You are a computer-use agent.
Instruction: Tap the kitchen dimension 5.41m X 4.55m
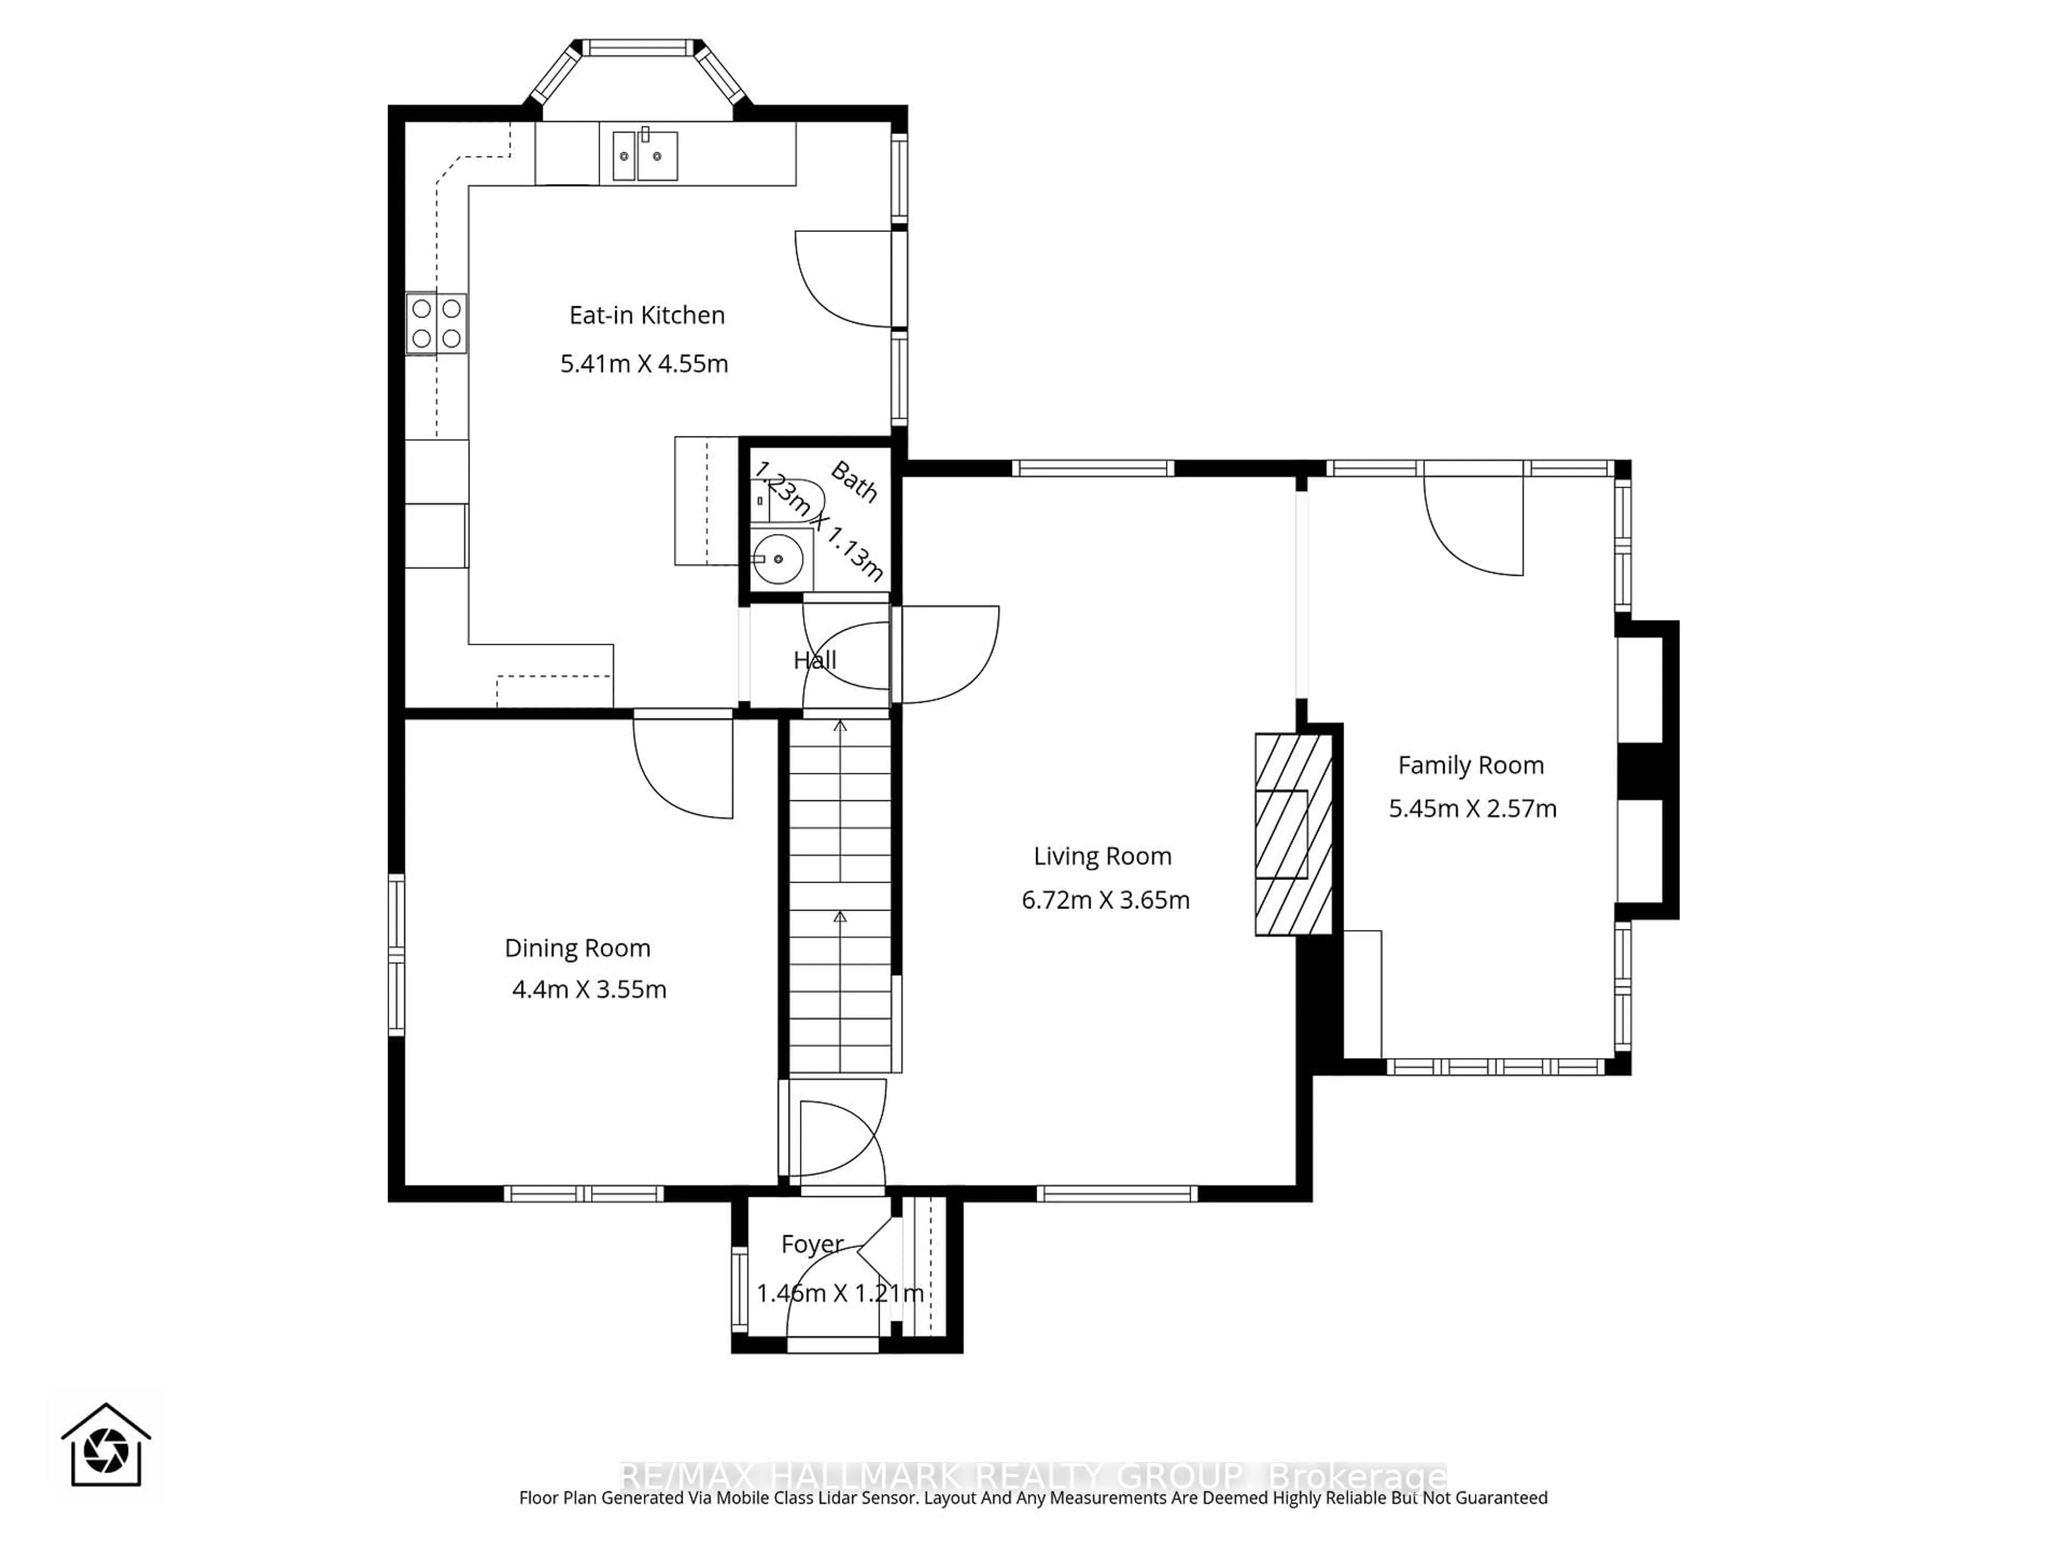pos(644,363)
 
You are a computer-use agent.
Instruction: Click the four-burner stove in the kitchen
pos(437,323)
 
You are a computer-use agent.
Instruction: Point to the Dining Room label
pos(578,948)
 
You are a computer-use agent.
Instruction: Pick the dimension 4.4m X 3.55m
pos(589,989)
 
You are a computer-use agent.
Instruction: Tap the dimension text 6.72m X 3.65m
pos(1106,900)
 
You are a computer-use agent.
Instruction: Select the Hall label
pos(815,660)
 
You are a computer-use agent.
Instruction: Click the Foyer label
pos(812,1244)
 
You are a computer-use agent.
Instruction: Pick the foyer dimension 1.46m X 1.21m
pos(839,1294)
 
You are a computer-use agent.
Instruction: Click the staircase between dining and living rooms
pos(840,897)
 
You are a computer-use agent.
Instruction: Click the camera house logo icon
pos(106,1446)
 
